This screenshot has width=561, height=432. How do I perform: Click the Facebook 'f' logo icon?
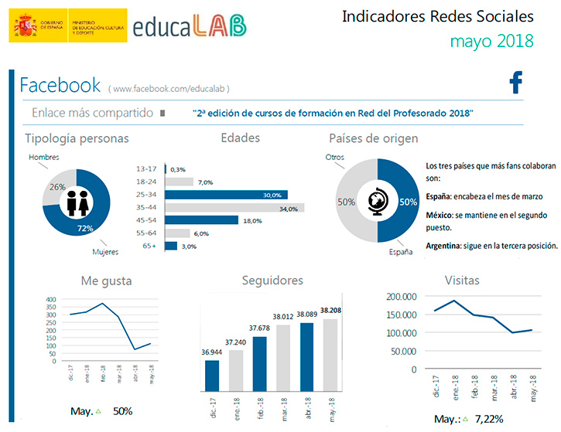(516, 83)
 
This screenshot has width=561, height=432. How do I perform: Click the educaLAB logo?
(190, 26)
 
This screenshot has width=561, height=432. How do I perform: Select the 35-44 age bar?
(233, 208)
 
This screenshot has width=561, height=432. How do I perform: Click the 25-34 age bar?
(224, 195)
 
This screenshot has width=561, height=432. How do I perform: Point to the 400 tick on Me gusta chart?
(50, 298)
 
